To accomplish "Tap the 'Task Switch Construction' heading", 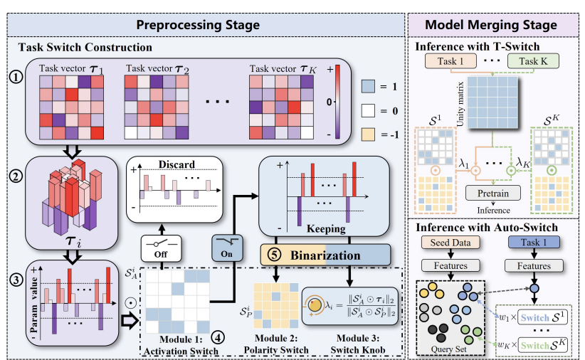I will [x=85, y=48].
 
